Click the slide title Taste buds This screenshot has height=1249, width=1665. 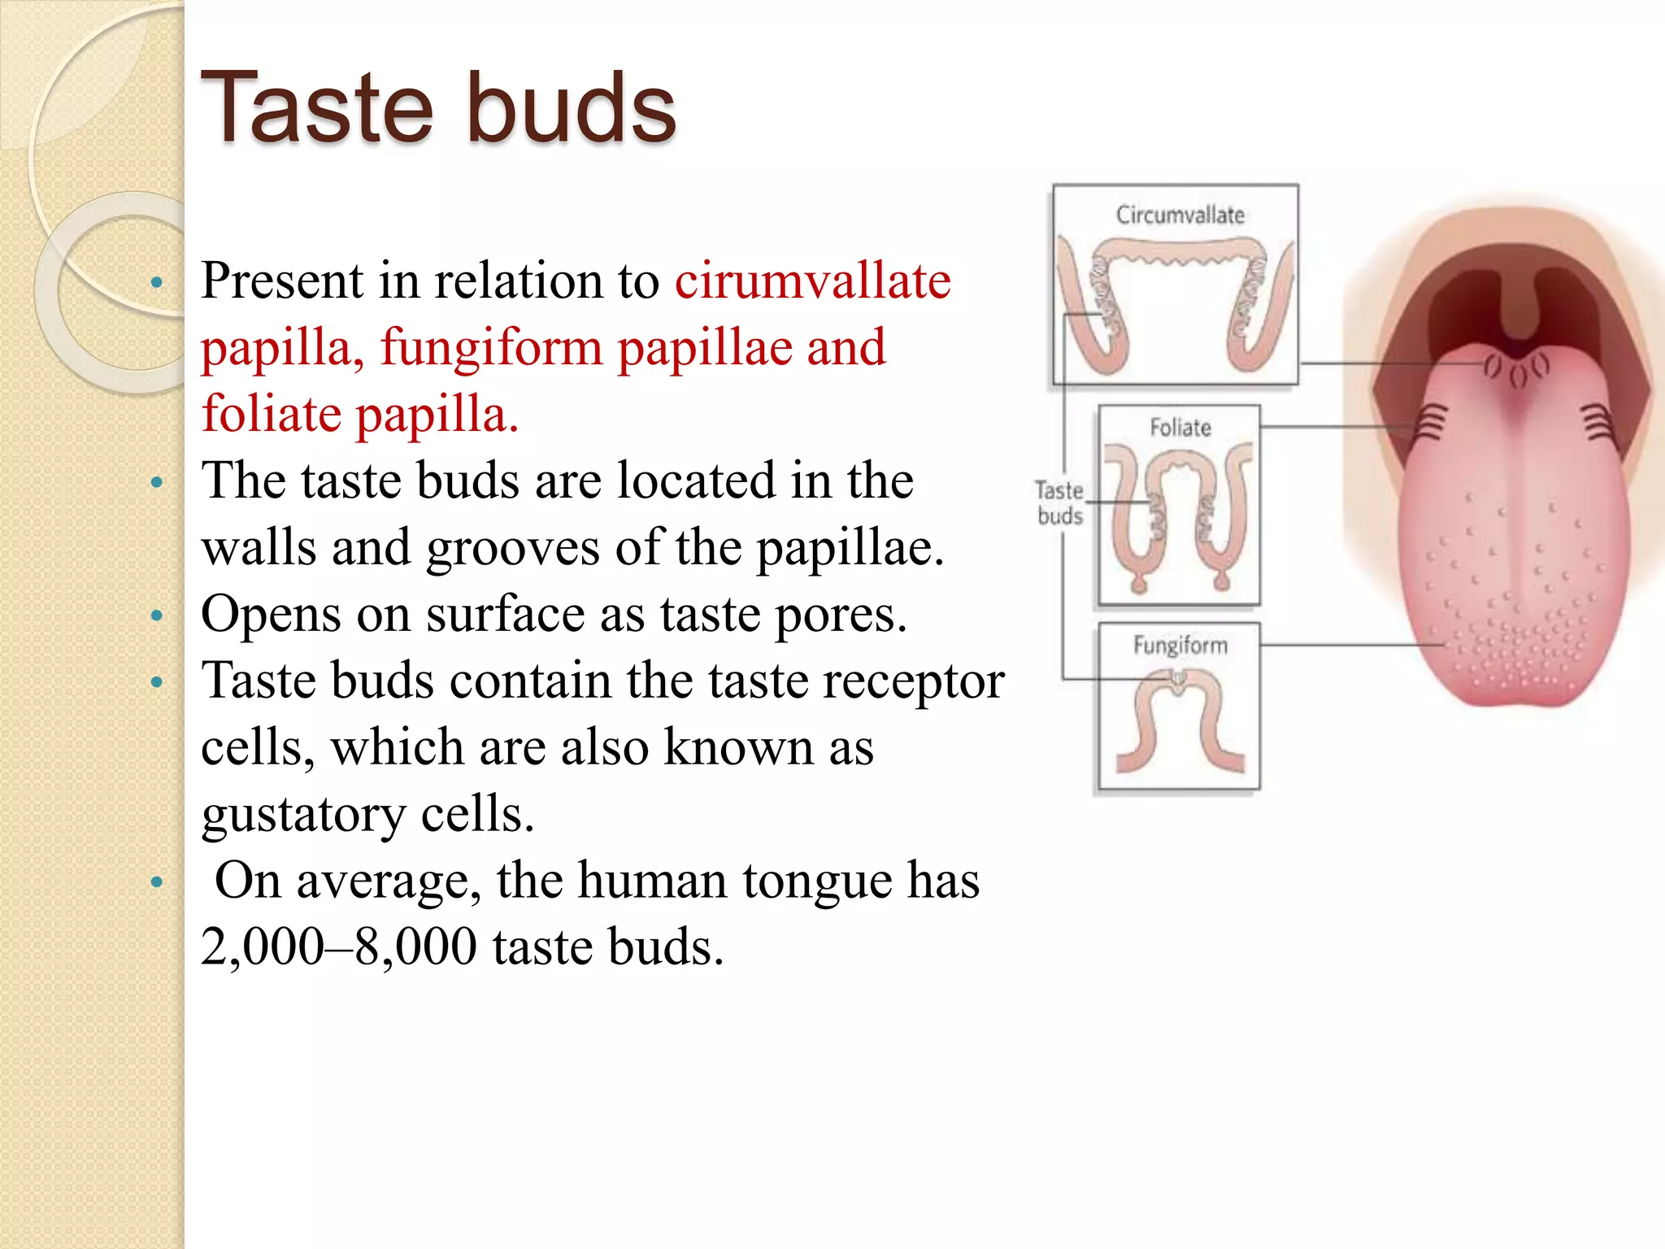click(438, 108)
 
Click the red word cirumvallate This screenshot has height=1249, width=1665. click(812, 281)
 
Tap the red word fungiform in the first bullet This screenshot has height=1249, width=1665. click(491, 348)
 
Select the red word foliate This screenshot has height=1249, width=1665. click(272, 415)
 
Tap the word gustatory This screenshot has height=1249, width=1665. click(303, 815)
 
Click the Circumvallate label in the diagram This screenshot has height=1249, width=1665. click(1180, 215)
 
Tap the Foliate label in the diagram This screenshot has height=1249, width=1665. click(1180, 428)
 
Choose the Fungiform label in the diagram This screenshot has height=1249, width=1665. click(1180, 646)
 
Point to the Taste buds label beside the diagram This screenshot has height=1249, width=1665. click(1059, 503)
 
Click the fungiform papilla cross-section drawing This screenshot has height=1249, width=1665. click(1179, 720)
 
